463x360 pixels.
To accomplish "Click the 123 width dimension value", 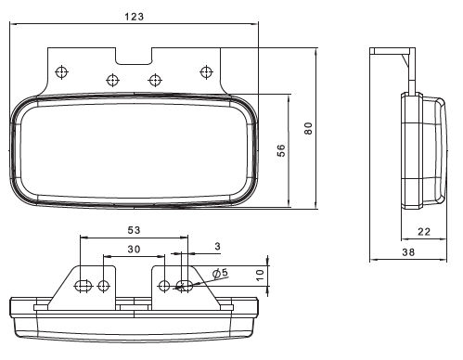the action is pos(135,17).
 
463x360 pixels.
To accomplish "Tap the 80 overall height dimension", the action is pos(308,128).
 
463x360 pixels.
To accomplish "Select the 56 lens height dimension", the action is pos(281,150).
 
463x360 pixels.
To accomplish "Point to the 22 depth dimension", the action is pos(424,232).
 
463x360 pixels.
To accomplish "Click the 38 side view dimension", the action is pos(408,252).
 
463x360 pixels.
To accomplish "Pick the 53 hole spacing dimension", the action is pos(134,230).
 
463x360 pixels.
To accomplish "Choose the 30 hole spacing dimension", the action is pos(134,249).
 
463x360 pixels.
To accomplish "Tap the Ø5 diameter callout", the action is pos(220,273).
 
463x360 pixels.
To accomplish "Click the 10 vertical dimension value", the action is pos(261,275).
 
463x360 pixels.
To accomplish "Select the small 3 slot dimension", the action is pos(218,246).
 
